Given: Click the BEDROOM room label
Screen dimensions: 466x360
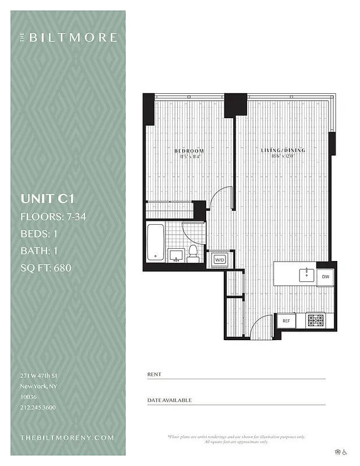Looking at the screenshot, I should [x=189, y=151].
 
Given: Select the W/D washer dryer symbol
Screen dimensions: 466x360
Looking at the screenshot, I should [x=220, y=260].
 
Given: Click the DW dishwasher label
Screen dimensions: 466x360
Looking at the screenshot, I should [x=325, y=277].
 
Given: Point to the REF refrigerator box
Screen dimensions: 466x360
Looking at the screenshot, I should [x=286, y=321].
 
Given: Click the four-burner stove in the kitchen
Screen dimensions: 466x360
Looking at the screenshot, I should [x=315, y=320].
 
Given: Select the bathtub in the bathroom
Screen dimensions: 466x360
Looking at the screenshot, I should [x=155, y=242].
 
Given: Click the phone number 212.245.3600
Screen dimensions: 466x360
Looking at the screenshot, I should [x=38, y=408].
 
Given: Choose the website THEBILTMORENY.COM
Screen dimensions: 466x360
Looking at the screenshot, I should [x=67, y=437].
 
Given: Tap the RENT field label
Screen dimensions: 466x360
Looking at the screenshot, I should [x=154, y=374].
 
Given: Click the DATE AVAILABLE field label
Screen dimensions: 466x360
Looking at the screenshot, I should [x=169, y=400].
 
